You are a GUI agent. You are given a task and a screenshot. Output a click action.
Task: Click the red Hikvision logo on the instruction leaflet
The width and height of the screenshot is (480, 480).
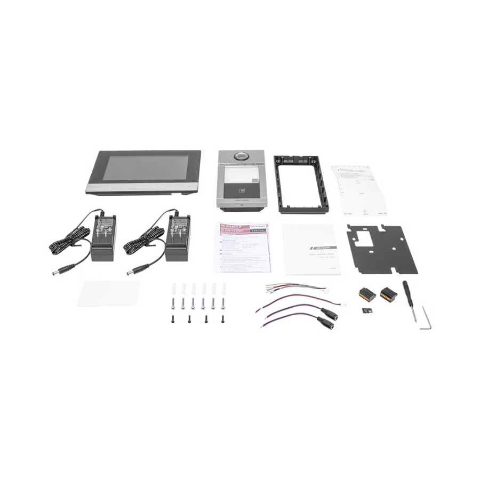click(258, 226)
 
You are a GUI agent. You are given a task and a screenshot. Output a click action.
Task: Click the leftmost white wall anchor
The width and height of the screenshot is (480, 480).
click(173, 290)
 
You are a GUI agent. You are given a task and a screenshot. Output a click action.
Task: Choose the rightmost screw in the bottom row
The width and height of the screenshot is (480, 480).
click(222, 319)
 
